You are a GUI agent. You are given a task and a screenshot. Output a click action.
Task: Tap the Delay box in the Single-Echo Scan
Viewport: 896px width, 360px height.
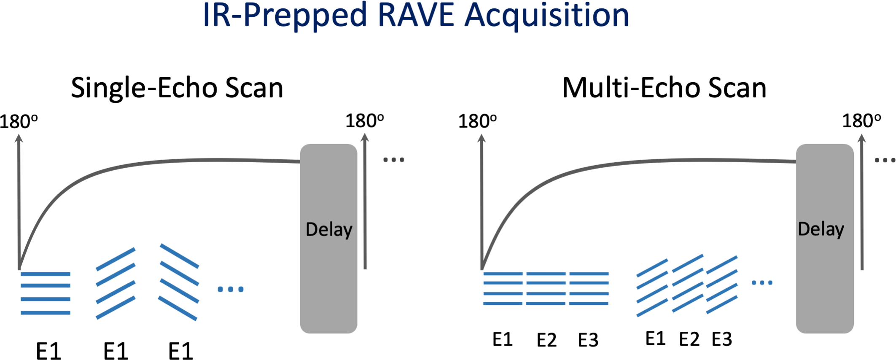click(328, 238)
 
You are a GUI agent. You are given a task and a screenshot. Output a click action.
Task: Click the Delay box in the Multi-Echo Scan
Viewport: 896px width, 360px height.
click(824, 238)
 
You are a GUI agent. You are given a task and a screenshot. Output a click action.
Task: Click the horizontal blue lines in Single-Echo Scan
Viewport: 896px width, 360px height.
click(45, 293)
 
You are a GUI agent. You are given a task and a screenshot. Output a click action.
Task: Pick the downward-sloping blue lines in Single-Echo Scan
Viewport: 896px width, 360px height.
click(178, 282)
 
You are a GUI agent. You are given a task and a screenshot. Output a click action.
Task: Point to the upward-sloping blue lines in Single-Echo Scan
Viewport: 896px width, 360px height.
click(116, 283)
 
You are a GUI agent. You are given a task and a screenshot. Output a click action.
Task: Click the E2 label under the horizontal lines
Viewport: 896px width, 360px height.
click(546, 340)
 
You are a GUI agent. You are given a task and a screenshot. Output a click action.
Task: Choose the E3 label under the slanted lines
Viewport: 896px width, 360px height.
click(722, 339)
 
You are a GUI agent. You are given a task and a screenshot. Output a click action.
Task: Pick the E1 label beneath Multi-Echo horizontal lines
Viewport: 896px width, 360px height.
click(502, 339)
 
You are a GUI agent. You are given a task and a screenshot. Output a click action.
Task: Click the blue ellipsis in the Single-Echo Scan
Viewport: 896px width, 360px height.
click(230, 289)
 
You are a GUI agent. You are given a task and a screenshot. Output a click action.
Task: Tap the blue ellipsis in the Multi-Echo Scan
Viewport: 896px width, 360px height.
click(762, 282)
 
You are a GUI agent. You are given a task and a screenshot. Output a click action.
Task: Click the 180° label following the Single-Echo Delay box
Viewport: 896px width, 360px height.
click(364, 121)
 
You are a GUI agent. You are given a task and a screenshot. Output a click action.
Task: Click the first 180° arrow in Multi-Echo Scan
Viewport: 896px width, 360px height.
click(482, 202)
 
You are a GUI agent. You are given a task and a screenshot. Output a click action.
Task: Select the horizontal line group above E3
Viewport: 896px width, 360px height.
click(589, 288)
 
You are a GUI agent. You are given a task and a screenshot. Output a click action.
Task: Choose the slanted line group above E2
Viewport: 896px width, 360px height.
click(688, 283)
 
